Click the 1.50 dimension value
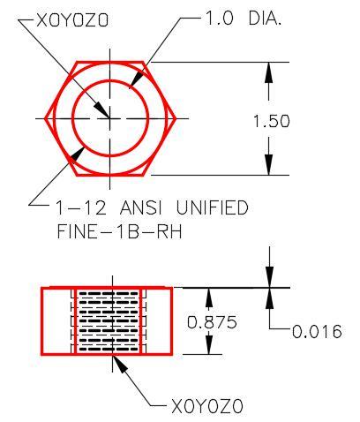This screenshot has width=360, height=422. pyautogui.click(x=272, y=121)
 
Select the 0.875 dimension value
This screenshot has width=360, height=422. pyautogui.click(x=212, y=322)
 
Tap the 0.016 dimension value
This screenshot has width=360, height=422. pyautogui.click(x=317, y=332)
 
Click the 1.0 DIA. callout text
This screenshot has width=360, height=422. pyautogui.click(x=243, y=19)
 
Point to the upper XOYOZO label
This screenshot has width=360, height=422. pyautogui.click(x=72, y=20)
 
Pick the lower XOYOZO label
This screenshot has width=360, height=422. pyautogui.click(x=207, y=407)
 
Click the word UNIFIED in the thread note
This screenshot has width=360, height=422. pyautogui.click(x=213, y=207)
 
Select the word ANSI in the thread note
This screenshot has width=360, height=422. pyautogui.click(x=140, y=207)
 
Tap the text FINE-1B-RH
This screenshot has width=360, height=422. pyautogui.click(x=119, y=231)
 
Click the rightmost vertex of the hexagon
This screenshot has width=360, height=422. pyautogui.click(x=176, y=119)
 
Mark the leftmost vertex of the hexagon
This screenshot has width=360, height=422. pyautogui.click(x=45, y=119)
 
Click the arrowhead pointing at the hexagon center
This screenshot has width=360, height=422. pyautogui.click(x=101, y=109)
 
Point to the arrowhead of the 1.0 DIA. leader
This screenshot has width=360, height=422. pyautogui.click(x=136, y=79)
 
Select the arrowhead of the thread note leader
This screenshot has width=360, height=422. pyautogui.click(x=77, y=154)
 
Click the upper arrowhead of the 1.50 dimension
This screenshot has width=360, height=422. pyautogui.click(x=268, y=72)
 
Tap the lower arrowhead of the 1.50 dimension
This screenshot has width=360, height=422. pyautogui.click(x=268, y=165)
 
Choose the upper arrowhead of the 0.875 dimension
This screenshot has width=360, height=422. pyautogui.click(x=208, y=298)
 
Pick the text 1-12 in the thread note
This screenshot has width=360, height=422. pyautogui.click(x=80, y=207)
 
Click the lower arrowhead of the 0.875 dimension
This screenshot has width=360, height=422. pyautogui.click(x=208, y=344)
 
